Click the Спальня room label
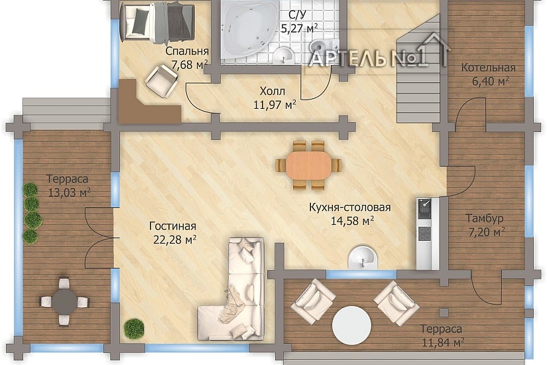(187, 51)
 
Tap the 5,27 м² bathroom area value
(300, 28)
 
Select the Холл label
(273, 91)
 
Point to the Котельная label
(489, 68)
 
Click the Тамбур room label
(485, 218)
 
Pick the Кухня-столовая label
(350, 207)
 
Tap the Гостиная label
(172, 226)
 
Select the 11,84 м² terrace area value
(443, 342)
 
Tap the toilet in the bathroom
(324, 46)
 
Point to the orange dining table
(308, 165)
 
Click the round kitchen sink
(363, 257)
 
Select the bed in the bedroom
(156, 21)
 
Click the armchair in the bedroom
(162, 80)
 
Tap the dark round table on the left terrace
(64, 301)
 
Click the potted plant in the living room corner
(134, 328)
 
